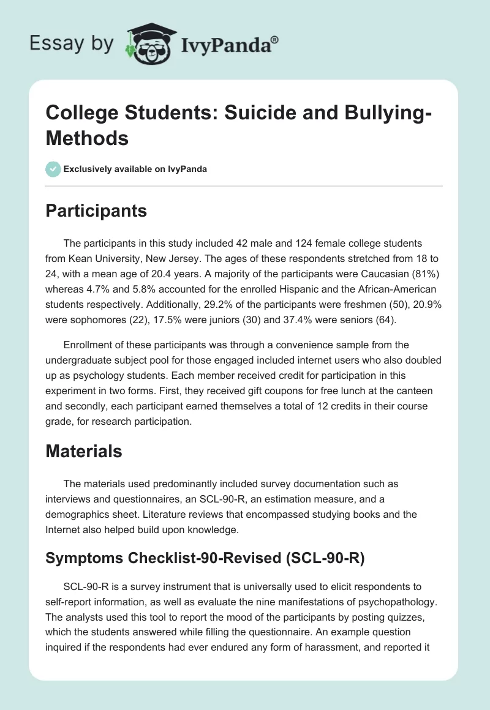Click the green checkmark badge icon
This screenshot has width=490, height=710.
pos(53,169)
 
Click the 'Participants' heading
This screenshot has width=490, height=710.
pos(96,211)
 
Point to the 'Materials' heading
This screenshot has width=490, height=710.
pos(84,451)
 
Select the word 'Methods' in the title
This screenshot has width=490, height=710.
pos(87,138)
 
